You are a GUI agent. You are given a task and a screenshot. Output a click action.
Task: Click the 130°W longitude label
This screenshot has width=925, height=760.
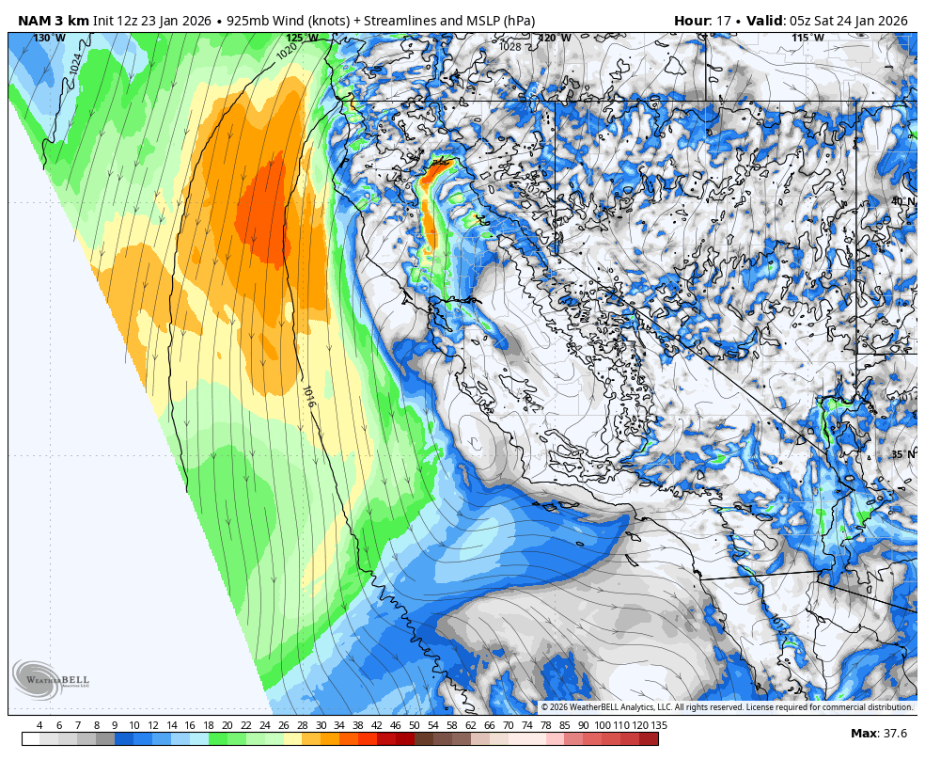click(x=49, y=39)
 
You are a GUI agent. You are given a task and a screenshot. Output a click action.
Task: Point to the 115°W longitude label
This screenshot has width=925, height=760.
click(x=807, y=39)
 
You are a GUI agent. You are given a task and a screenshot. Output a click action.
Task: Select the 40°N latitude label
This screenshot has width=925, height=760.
click(x=902, y=201)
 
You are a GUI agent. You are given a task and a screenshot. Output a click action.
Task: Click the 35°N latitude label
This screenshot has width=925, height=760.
click(x=902, y=454)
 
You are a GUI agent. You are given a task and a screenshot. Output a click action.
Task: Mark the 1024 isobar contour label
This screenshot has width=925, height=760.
click(x=76, y=63)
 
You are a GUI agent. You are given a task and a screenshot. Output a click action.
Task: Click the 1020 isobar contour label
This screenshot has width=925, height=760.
click(x=287, y=52)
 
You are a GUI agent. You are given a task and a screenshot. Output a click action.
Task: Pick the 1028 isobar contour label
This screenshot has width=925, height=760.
click(x=510, y=46)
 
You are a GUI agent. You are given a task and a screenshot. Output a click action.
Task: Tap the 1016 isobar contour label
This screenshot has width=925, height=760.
click(x=308, y=396)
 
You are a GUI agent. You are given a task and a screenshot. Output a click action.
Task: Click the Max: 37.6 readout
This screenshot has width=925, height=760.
click(x=878, y=734)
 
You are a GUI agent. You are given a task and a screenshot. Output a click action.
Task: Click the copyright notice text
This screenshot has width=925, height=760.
click(x=726, y=707)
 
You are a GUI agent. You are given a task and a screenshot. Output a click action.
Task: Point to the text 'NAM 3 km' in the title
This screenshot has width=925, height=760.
click(x=53, y=21)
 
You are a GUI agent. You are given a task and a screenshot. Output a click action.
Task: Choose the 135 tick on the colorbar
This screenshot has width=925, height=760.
click(x=659, y=725)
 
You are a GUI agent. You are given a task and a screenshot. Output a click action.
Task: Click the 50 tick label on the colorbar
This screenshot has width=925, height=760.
click(x=414, y=725)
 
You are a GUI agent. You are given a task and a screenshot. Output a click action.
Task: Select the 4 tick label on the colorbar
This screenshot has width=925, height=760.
click(x=39, y=725)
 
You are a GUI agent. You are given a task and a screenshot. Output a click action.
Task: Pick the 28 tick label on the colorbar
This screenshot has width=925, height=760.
click(x=302, y=725)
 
